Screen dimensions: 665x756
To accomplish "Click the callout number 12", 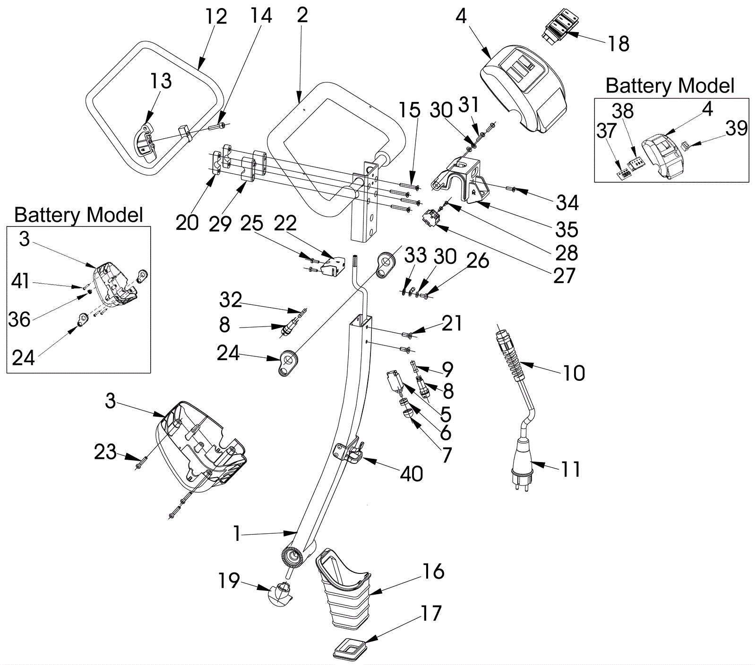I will [x=216, y=17].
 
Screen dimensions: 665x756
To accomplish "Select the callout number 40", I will [x=411, y=473].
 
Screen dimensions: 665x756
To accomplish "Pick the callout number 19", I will [x=229, y=581].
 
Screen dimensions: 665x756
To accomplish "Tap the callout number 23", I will [x=105, y=452].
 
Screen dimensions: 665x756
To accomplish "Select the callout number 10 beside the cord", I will [x=574, y=373].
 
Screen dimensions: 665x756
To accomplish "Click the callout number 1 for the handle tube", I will [x=237, y=534].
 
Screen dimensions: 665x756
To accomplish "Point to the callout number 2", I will [x=302, y=16].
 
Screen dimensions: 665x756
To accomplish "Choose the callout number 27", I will [x=564, y=276].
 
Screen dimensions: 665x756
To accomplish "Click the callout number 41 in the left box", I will [x=20, y=281].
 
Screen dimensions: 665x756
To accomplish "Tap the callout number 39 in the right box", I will [x=737, y=128].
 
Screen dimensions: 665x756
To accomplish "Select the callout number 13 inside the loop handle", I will [x=161, y=81].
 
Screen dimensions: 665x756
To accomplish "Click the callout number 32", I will [x=231, y=300].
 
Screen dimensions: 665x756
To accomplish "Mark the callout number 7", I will [x=447, y=455].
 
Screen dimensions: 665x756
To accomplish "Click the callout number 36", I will [x=19, y=320].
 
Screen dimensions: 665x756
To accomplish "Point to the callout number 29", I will [x=220, y=223].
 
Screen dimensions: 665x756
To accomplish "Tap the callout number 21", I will [x=452, y=323].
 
